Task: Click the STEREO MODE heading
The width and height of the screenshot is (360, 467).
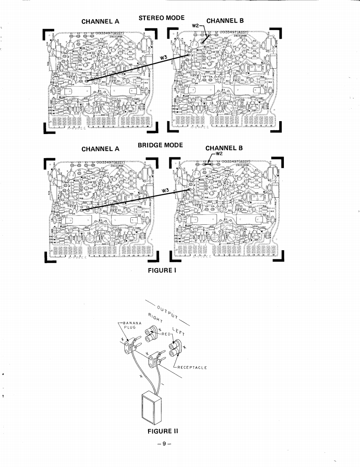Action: tap(161, 18)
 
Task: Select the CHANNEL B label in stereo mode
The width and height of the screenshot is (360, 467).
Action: tap(225, 21)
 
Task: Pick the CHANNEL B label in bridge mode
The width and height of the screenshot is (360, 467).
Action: tap(224, 148)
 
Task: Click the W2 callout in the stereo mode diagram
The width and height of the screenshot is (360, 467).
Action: tap(196, 26)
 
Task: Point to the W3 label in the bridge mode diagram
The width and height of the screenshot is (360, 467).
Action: tap(166, 190)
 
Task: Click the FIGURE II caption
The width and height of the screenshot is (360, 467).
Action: tap(163, 431)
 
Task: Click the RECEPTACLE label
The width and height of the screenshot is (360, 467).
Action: tap(192, 368)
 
